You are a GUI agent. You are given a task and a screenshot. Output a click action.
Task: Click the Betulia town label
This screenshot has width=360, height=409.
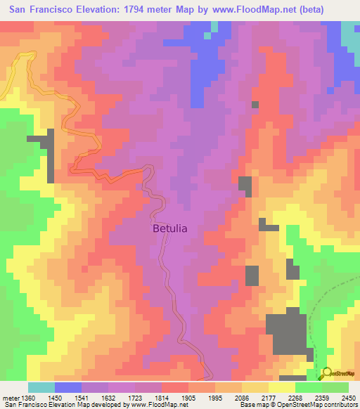tap(170, 228)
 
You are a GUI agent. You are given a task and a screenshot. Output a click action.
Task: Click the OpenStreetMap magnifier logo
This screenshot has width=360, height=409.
tap(326, 375)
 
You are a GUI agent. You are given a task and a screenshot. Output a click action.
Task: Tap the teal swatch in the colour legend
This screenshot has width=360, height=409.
tap(41, 387)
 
